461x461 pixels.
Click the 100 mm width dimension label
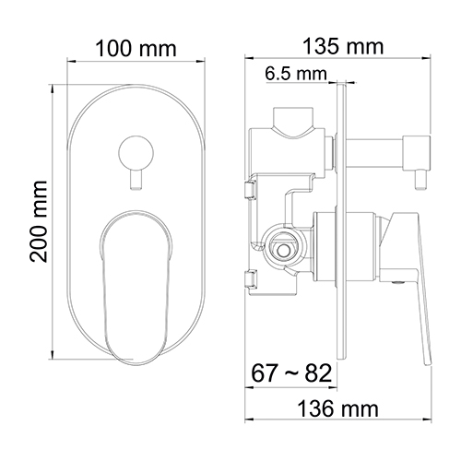(136, 49)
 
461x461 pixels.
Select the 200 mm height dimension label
(39, 221)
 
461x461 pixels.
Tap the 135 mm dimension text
(343, 46)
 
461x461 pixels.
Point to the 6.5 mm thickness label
(296, 74)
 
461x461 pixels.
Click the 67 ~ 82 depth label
(291, 373)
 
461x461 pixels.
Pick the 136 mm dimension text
(338, 409)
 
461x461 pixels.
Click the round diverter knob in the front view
(136, 152)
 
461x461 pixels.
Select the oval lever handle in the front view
(136, 288)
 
